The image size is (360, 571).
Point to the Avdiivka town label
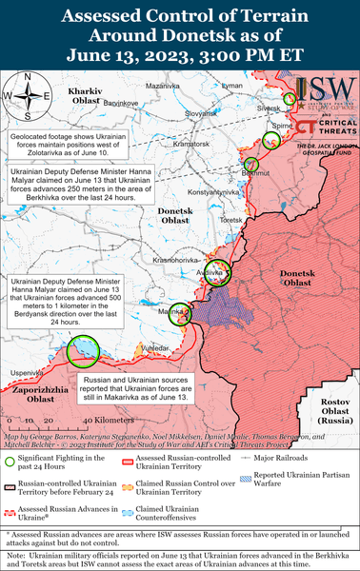point(210,272)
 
